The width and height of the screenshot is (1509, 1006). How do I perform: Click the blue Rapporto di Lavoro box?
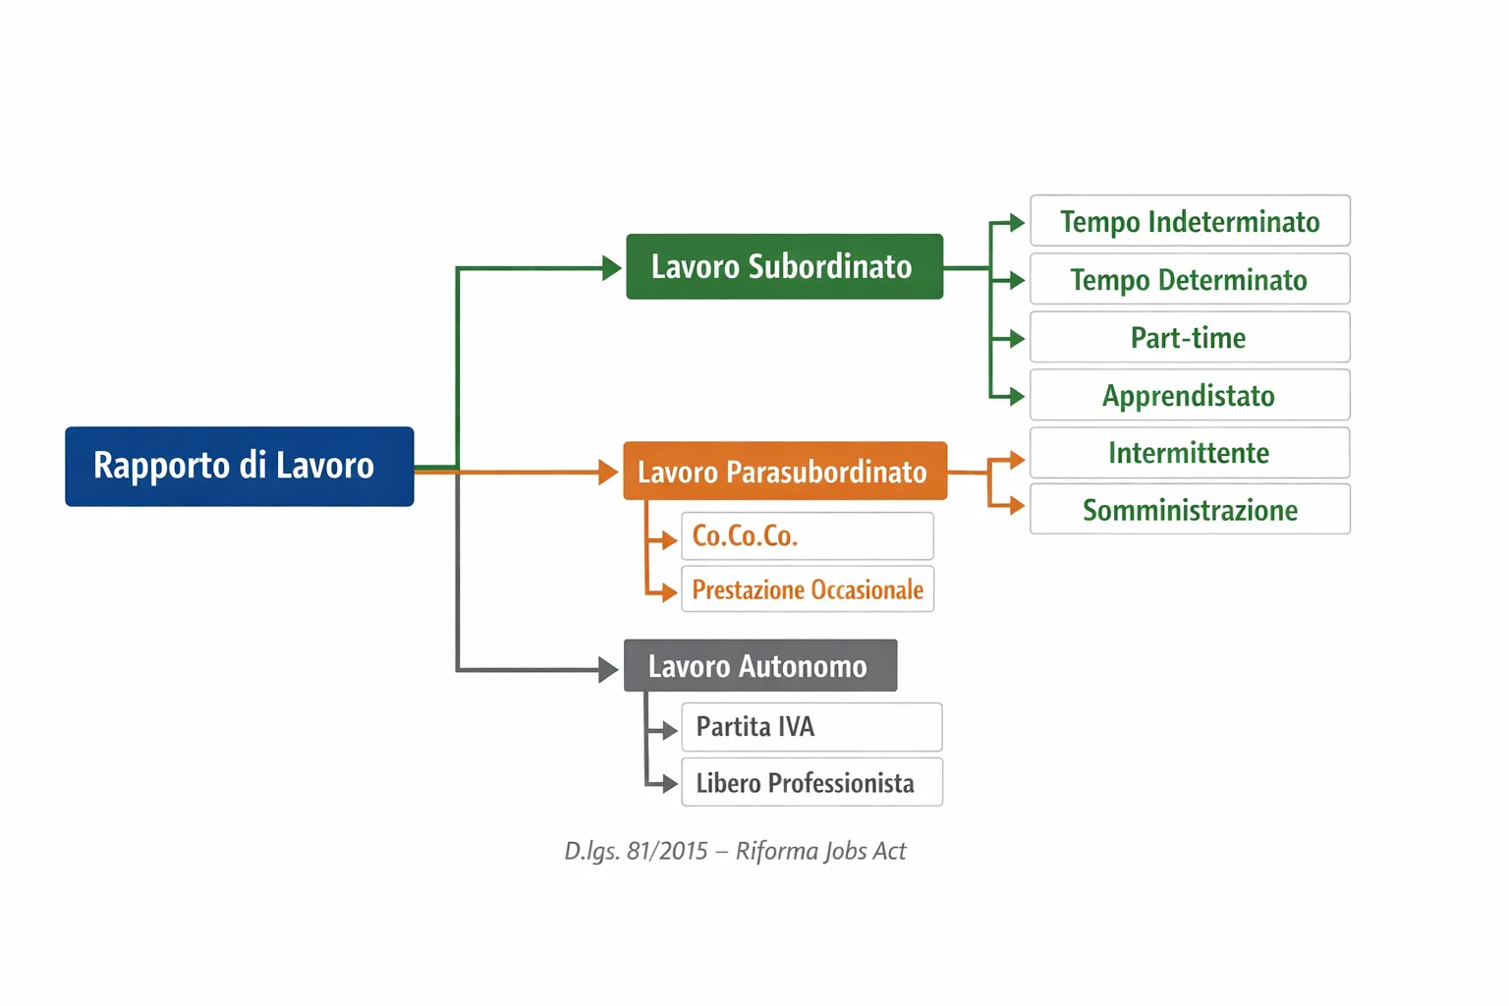coord(239,467)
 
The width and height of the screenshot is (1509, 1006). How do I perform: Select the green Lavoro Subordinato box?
coord(784,266)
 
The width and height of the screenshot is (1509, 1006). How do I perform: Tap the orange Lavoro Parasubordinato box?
coord(784,472)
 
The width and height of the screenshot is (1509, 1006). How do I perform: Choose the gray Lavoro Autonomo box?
coord(759,666)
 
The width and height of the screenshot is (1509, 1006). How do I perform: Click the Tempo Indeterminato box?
coord(1190,221)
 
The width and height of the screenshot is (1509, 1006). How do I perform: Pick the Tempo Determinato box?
coord(1190,279)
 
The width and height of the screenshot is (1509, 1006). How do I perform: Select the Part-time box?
coord(1190,337)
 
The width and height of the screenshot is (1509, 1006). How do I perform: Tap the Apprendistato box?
coord(1190,395)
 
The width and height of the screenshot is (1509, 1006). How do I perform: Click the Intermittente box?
coord(1190,452)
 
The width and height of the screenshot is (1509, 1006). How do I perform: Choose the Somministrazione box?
coord(1190,509)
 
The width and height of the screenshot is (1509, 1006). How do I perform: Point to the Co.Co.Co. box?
coord(807,536)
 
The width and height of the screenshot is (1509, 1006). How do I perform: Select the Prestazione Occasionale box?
coord(807,589)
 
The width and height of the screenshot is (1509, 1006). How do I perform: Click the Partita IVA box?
coord(811,727)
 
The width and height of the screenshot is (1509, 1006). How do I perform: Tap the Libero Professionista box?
coord(811,782)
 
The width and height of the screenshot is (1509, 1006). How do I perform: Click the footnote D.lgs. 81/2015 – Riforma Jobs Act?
coord(735,851)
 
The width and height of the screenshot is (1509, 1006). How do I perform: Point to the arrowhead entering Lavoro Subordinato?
coord(612,267)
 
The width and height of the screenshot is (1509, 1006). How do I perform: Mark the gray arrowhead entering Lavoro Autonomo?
coord(609,670)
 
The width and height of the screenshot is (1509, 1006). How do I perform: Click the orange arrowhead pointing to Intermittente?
coord(1016,459)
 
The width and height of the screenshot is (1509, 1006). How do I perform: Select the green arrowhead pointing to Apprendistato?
coord(1016,396)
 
